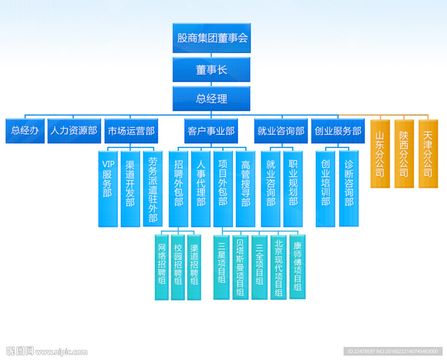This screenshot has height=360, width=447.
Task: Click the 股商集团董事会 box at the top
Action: pos(211,38)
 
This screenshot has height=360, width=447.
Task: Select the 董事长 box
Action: pos(211,70)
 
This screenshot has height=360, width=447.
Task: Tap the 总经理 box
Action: pos(211,99)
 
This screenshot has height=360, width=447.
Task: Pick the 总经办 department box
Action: pos(25,130)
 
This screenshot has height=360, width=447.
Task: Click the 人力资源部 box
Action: pos(73,130)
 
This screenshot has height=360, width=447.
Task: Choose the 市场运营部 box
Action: pos(131,130)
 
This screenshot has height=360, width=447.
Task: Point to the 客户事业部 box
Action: pos(211,130)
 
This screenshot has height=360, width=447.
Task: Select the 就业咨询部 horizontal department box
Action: pos(281,130)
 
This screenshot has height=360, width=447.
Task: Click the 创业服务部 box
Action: pos(338,130)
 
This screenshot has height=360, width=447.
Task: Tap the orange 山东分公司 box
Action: pos(380,154)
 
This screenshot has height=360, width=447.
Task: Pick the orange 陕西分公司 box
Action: pos(404,154)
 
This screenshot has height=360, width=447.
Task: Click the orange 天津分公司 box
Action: pos(428,154)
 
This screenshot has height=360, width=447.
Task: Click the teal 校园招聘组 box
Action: pos(178,267)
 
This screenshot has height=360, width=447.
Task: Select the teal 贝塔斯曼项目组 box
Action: pos(240,267)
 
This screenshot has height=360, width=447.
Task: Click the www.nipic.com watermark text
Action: pos(61,352)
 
